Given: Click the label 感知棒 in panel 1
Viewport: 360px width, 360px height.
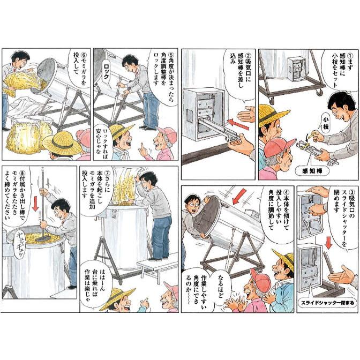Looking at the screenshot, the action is tap(312, 171).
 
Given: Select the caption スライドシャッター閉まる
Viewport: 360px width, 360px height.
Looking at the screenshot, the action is tap(327, 303).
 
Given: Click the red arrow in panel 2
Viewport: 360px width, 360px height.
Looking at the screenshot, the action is tap(238, 124).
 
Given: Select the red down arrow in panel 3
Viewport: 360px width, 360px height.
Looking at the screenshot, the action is tap(329, 242).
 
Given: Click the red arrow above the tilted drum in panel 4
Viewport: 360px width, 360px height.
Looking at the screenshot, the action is tap(239, 196).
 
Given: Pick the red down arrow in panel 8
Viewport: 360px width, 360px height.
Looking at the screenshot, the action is tap(35, 204).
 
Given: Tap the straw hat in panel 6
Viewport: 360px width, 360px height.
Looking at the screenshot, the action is tap(62, 143).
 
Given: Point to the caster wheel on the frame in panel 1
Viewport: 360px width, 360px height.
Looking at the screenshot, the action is tap(318, 93).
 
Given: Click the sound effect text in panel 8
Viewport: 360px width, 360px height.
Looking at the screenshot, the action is tap(19, 246).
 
